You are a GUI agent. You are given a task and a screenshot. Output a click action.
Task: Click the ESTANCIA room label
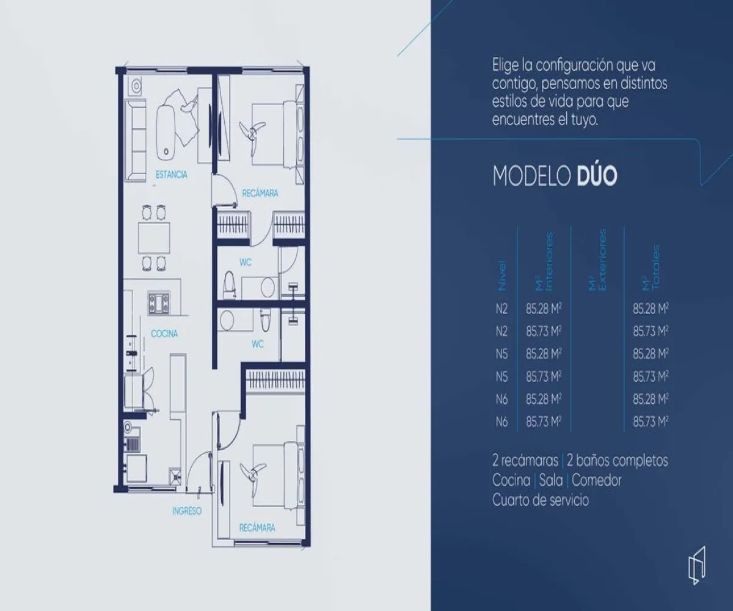171,175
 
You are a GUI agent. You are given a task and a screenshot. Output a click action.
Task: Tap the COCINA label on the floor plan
164,334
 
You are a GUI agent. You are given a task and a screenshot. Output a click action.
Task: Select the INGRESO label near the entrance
186,511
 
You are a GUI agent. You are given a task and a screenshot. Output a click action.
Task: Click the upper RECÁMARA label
260,194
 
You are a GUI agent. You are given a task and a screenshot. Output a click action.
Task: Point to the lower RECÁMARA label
257,527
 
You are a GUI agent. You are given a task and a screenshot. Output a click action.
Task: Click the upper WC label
245,262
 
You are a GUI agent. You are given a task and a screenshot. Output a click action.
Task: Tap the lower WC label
257,344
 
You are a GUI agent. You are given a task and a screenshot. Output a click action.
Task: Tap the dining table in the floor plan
153,238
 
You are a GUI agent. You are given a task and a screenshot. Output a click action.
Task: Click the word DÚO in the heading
597,176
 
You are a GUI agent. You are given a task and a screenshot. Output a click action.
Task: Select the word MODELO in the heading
531,176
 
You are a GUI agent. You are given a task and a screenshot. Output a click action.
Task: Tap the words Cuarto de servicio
541,500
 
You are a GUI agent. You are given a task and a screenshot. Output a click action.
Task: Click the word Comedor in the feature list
596,480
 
